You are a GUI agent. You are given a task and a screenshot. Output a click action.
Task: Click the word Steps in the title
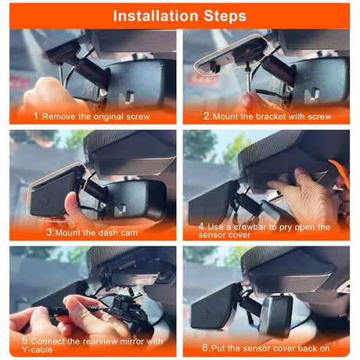[221, 15]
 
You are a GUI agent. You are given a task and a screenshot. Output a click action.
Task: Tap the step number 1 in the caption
[37, 116]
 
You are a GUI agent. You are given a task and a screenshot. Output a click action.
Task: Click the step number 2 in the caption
[207, 116]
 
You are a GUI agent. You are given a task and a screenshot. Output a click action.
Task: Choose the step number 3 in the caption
[49, 232]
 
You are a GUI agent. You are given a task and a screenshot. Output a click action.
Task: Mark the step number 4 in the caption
[202, 227]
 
